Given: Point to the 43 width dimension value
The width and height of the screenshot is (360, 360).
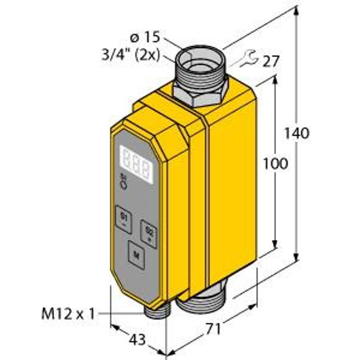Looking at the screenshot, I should [137, 340].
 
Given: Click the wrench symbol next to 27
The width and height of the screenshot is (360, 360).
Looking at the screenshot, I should [247, 58].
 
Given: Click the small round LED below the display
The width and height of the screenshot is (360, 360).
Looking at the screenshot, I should [124, 186].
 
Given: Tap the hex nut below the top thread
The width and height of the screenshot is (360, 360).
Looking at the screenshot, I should [199, 94].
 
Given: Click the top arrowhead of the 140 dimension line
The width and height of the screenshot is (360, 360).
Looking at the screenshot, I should [297, 11].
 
